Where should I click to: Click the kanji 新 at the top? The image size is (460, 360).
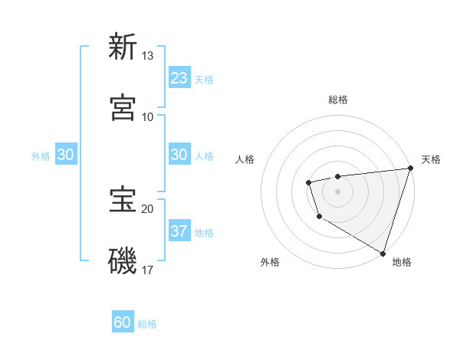click(x=123, y=47)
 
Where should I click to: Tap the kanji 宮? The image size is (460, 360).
click(x=123, y=108)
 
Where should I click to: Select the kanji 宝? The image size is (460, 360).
click(x=123, y=200)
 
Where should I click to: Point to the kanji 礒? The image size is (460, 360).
click(x=123, y=261)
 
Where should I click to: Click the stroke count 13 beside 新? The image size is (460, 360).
click(x=148, y=56)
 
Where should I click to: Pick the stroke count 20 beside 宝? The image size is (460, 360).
click(x=148, y=209)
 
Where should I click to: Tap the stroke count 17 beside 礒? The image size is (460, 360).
click(x=148, y=270)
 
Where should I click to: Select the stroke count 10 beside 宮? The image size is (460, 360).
click(x=148, y=117)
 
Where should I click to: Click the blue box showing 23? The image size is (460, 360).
click(x=179, y=78)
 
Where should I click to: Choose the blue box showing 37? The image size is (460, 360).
click(x=179, y=231)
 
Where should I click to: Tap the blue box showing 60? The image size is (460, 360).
click(x=123, y=322)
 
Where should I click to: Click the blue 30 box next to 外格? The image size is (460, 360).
click(x=65, y=155)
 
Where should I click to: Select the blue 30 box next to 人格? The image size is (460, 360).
click(x=179, y=155)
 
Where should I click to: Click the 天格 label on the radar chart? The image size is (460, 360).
click(x=431, y=159)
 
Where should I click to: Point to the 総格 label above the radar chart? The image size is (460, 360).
click(x=337, y=100)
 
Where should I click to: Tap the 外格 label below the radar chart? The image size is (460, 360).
click(x=270, y=262)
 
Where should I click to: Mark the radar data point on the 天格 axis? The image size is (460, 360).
click(x=410, y=168)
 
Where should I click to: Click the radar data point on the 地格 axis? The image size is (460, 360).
click(x=383, y=253)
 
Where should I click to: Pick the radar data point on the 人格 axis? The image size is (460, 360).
click(x=308, y=182)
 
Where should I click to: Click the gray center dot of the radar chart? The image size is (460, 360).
click(x=337, y=191)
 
